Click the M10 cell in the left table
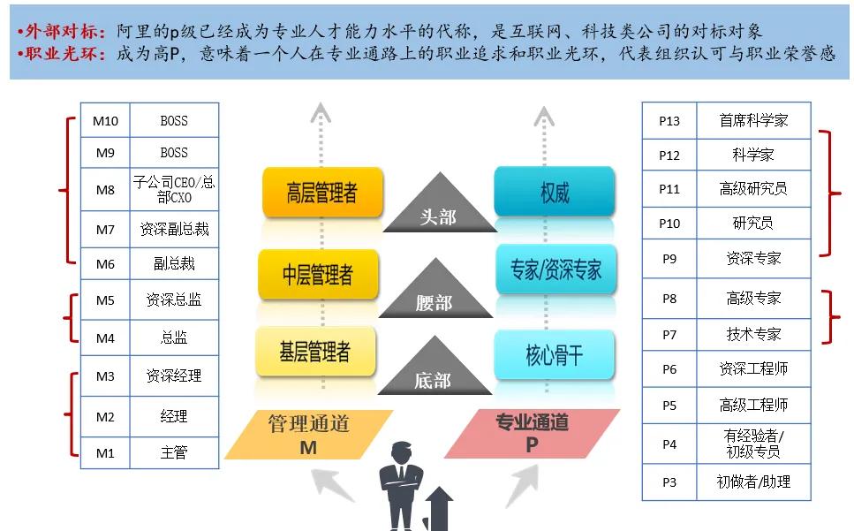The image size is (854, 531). (105, 120)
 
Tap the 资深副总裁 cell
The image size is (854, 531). (174, 230)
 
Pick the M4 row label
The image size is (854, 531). (105, 338)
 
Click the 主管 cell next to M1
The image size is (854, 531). (174, 453)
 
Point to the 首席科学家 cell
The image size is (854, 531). (753, 120)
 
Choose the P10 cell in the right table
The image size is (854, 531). (669, 224)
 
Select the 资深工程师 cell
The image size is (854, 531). (753, 368)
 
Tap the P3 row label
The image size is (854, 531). (669, 482)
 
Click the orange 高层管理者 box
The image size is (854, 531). (322, 193)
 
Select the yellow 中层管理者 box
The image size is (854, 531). (317, 274)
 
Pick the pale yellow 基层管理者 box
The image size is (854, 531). (314, 353)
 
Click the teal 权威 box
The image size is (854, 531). (555, 193)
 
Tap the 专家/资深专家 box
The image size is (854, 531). (555, 269)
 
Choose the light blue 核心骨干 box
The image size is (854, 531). (555, 355)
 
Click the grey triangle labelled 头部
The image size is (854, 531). (438, 209)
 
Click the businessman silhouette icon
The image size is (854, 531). (402, 486)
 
